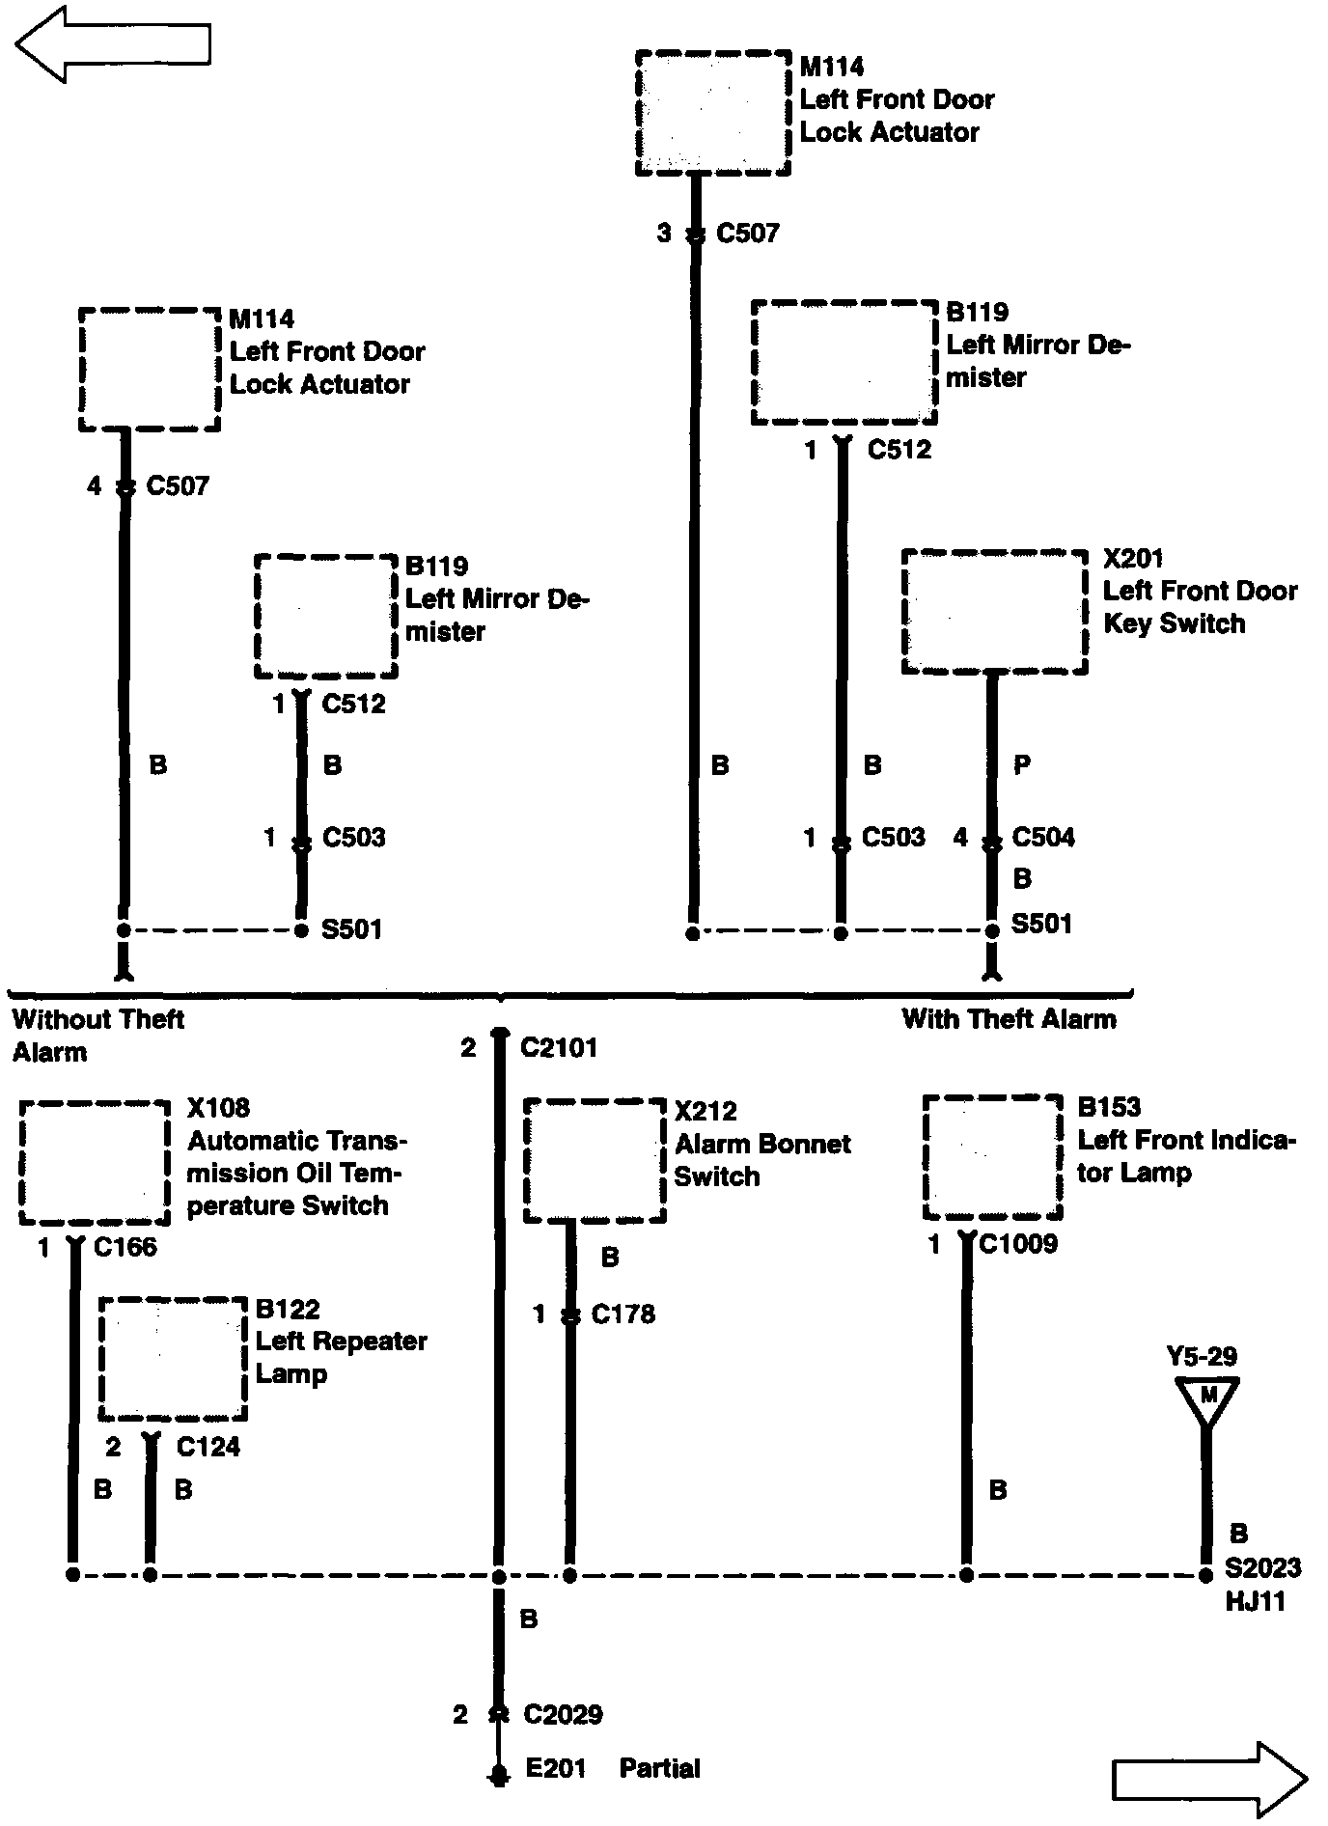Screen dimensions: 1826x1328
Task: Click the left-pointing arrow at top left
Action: point(112,43)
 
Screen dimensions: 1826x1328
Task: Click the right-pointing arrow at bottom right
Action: point(1209,1779)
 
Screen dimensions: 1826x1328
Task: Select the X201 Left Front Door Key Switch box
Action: point(994,612)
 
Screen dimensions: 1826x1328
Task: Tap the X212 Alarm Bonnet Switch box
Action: point(595,1160)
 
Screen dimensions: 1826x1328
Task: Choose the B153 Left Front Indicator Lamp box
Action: point(993,1157)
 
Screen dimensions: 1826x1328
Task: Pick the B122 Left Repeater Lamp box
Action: point(173,1359)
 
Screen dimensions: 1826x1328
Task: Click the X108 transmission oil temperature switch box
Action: point(95,1162)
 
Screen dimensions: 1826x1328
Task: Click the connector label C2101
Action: point(559,1048)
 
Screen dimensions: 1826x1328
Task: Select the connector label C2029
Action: point(563,1714)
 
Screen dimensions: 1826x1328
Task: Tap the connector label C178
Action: point(622,1314)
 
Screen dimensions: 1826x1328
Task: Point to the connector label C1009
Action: point(1018,1244)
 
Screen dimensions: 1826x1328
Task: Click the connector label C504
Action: point(1042,838)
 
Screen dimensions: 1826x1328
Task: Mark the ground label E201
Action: point(556,1768)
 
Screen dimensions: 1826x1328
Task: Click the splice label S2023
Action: point(1262,1567)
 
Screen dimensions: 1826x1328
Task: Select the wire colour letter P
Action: point(1022,765)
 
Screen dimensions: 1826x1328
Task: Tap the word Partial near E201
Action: point(660,1768)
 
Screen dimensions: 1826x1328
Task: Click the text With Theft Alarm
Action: point(1009,1019)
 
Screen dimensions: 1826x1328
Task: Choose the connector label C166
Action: point(124,1247)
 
